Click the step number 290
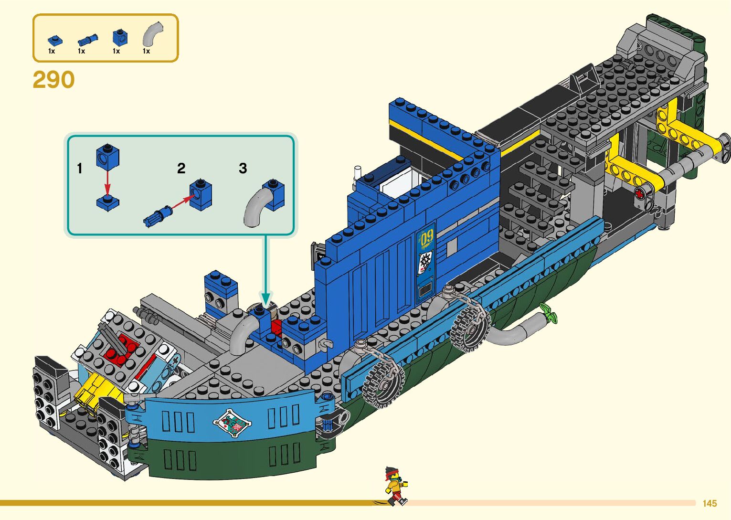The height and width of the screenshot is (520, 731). tap(53, 79)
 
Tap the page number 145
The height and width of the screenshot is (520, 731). tap(710, 503)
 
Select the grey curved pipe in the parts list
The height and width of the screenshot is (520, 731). tap(152, 34)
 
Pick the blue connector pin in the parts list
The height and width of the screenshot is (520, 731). tap(87, 40)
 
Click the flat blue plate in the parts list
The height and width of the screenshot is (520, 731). tap(54, 41)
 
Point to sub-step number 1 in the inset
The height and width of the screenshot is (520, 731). tap(80, 169)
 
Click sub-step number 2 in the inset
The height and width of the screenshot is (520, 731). tap(181, 169)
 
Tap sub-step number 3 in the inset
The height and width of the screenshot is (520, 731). tap(243, 169)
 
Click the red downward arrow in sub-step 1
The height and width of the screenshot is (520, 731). tap(108, 182)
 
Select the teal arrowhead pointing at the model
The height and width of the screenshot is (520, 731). tap(266, 298)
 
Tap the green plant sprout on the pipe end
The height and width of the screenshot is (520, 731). tap(548, 312)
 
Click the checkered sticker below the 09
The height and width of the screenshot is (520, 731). tap(424, 262)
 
